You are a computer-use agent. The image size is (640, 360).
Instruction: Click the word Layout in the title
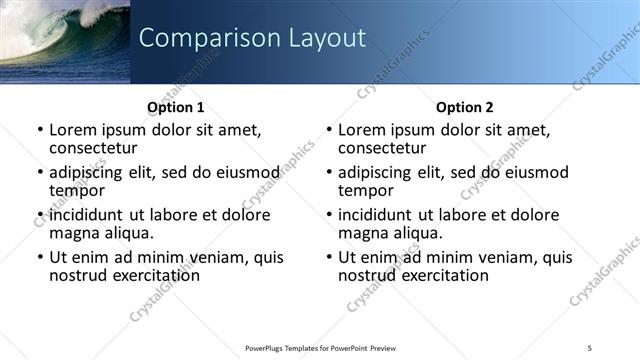click(327, 38)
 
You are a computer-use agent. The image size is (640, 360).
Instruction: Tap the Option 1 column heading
click(176, 107)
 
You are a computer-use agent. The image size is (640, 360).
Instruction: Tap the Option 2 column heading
click(464, 107)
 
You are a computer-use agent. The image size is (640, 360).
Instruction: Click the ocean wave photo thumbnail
click(65, 40)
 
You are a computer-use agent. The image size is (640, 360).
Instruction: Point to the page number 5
click(589, 347)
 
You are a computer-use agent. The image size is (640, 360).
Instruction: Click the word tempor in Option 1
click(77, 190)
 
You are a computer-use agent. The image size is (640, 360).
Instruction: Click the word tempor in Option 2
click(366, 190)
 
